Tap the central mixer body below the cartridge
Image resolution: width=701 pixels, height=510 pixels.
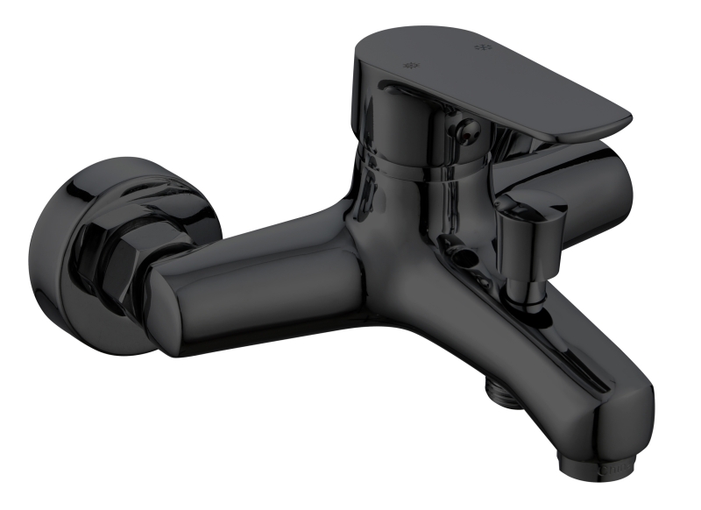(x=403, y=263)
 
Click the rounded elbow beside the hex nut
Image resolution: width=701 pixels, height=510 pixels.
(x=166, y=307)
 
